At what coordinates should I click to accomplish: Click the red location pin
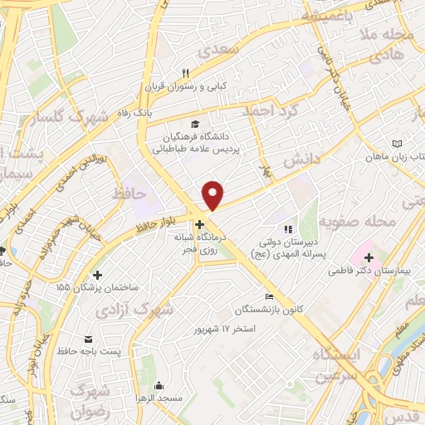pyautogui.click(x=214, y=194)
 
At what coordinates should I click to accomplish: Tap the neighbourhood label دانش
pyautogui.click(x=301, y=158)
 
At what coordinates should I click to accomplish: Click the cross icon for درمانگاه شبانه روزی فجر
pyautogui.click(x=199, y=224)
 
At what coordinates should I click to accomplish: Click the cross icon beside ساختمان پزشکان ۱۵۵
pyautogui.click(x=98, y=275)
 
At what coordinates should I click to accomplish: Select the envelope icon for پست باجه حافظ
pyautogui.click(x=89, y=340)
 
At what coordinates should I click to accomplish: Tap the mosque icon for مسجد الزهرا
pyautogui.click(x=159, y=385)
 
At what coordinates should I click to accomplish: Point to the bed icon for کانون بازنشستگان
pyautogui.click(x=267, y=296)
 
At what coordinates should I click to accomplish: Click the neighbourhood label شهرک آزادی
pyautogui.click(x=169, y=311)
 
